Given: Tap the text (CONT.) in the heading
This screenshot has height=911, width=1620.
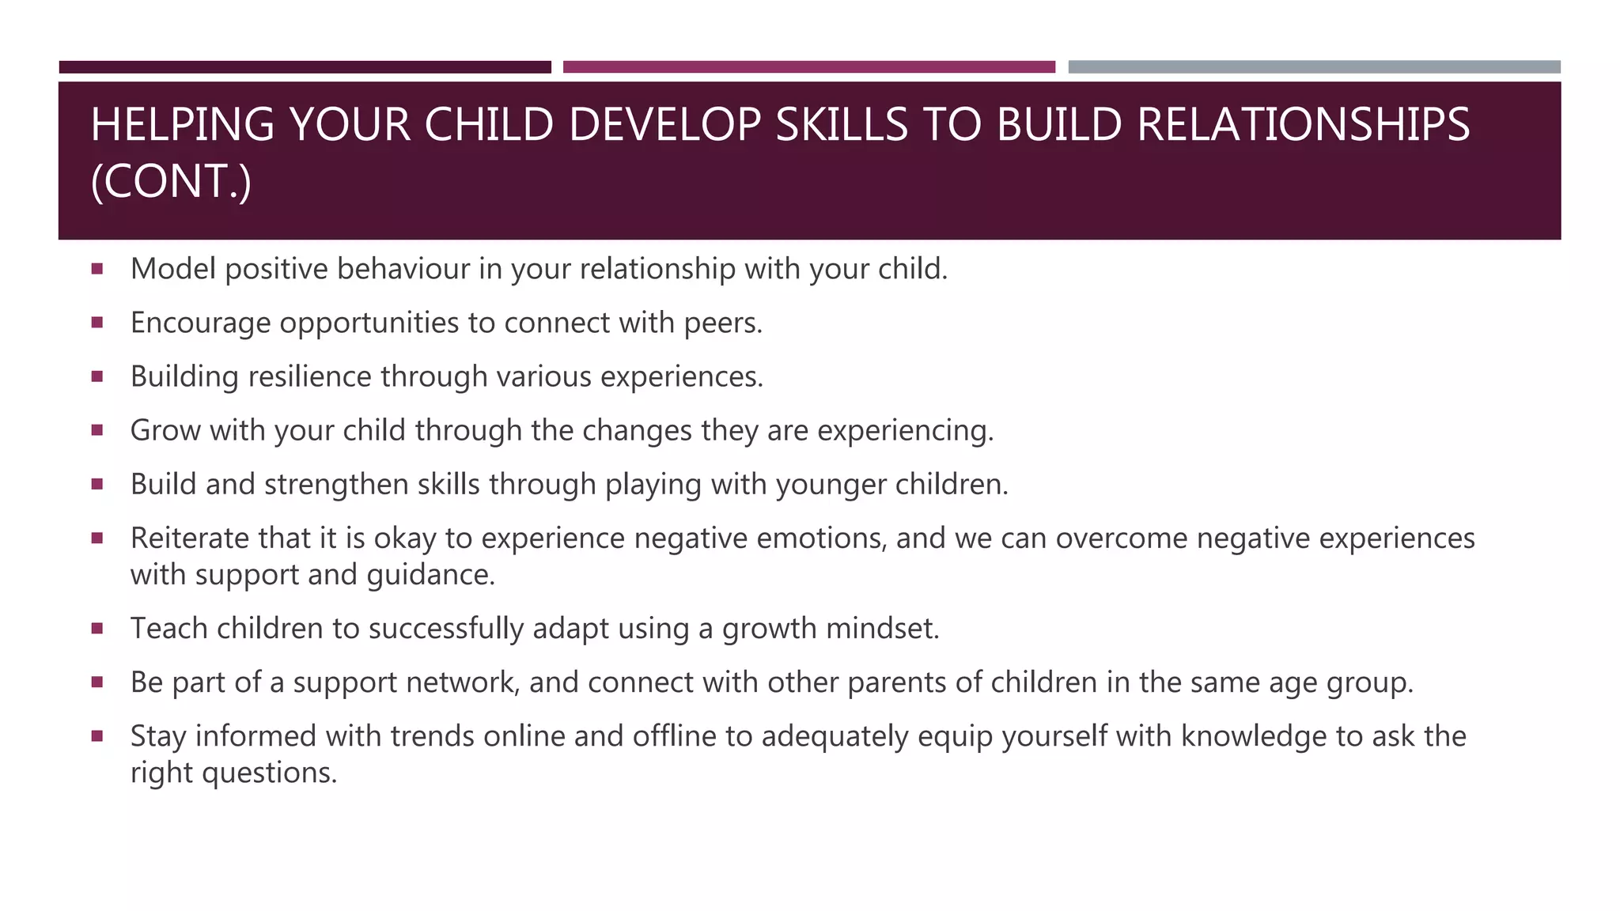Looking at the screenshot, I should point(171,182).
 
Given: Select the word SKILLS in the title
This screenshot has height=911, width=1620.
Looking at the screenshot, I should point(841,125).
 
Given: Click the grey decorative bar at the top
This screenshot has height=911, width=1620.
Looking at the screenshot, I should point(1314,67).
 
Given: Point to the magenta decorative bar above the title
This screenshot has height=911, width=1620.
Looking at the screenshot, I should point(808,67).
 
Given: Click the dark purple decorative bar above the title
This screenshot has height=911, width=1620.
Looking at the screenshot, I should point(305,67).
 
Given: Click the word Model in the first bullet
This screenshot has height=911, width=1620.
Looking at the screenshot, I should point(172,270).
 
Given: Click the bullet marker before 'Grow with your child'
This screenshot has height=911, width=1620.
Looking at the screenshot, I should point(97,430).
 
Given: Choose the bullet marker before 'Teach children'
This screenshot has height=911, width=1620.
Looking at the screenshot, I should point(97,629).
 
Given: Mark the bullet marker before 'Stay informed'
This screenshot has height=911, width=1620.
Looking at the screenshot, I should point(97,736).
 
